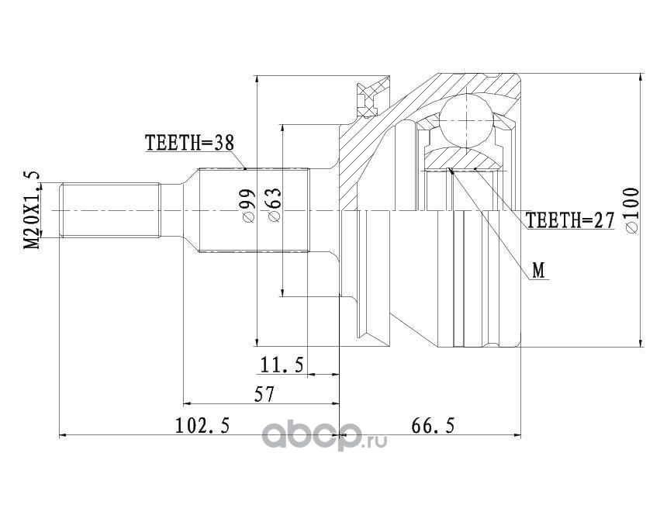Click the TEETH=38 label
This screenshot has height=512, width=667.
pyautogui.click(x=190, y=143)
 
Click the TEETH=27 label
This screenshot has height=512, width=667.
pyautogui.click(x=570, y=220)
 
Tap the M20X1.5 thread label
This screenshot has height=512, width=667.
pyautogui.click(x=33, y=209)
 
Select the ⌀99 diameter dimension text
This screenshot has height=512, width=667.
pyautogui.click(x=247, y=205)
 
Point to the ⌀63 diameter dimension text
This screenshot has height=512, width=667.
pyautogui.click(x=275, y=205)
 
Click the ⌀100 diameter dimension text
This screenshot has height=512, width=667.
pyautogui.click(x=632, y=210)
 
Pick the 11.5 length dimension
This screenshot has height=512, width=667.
pyautogui.click(x=282, y=365)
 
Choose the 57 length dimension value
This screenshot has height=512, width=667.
pyautogui.click(x=264, y=395)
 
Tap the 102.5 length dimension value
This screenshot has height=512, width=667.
pyautogui.click(x=202, y=425)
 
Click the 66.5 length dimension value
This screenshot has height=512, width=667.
pyautogui.click(x=433, y=425)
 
